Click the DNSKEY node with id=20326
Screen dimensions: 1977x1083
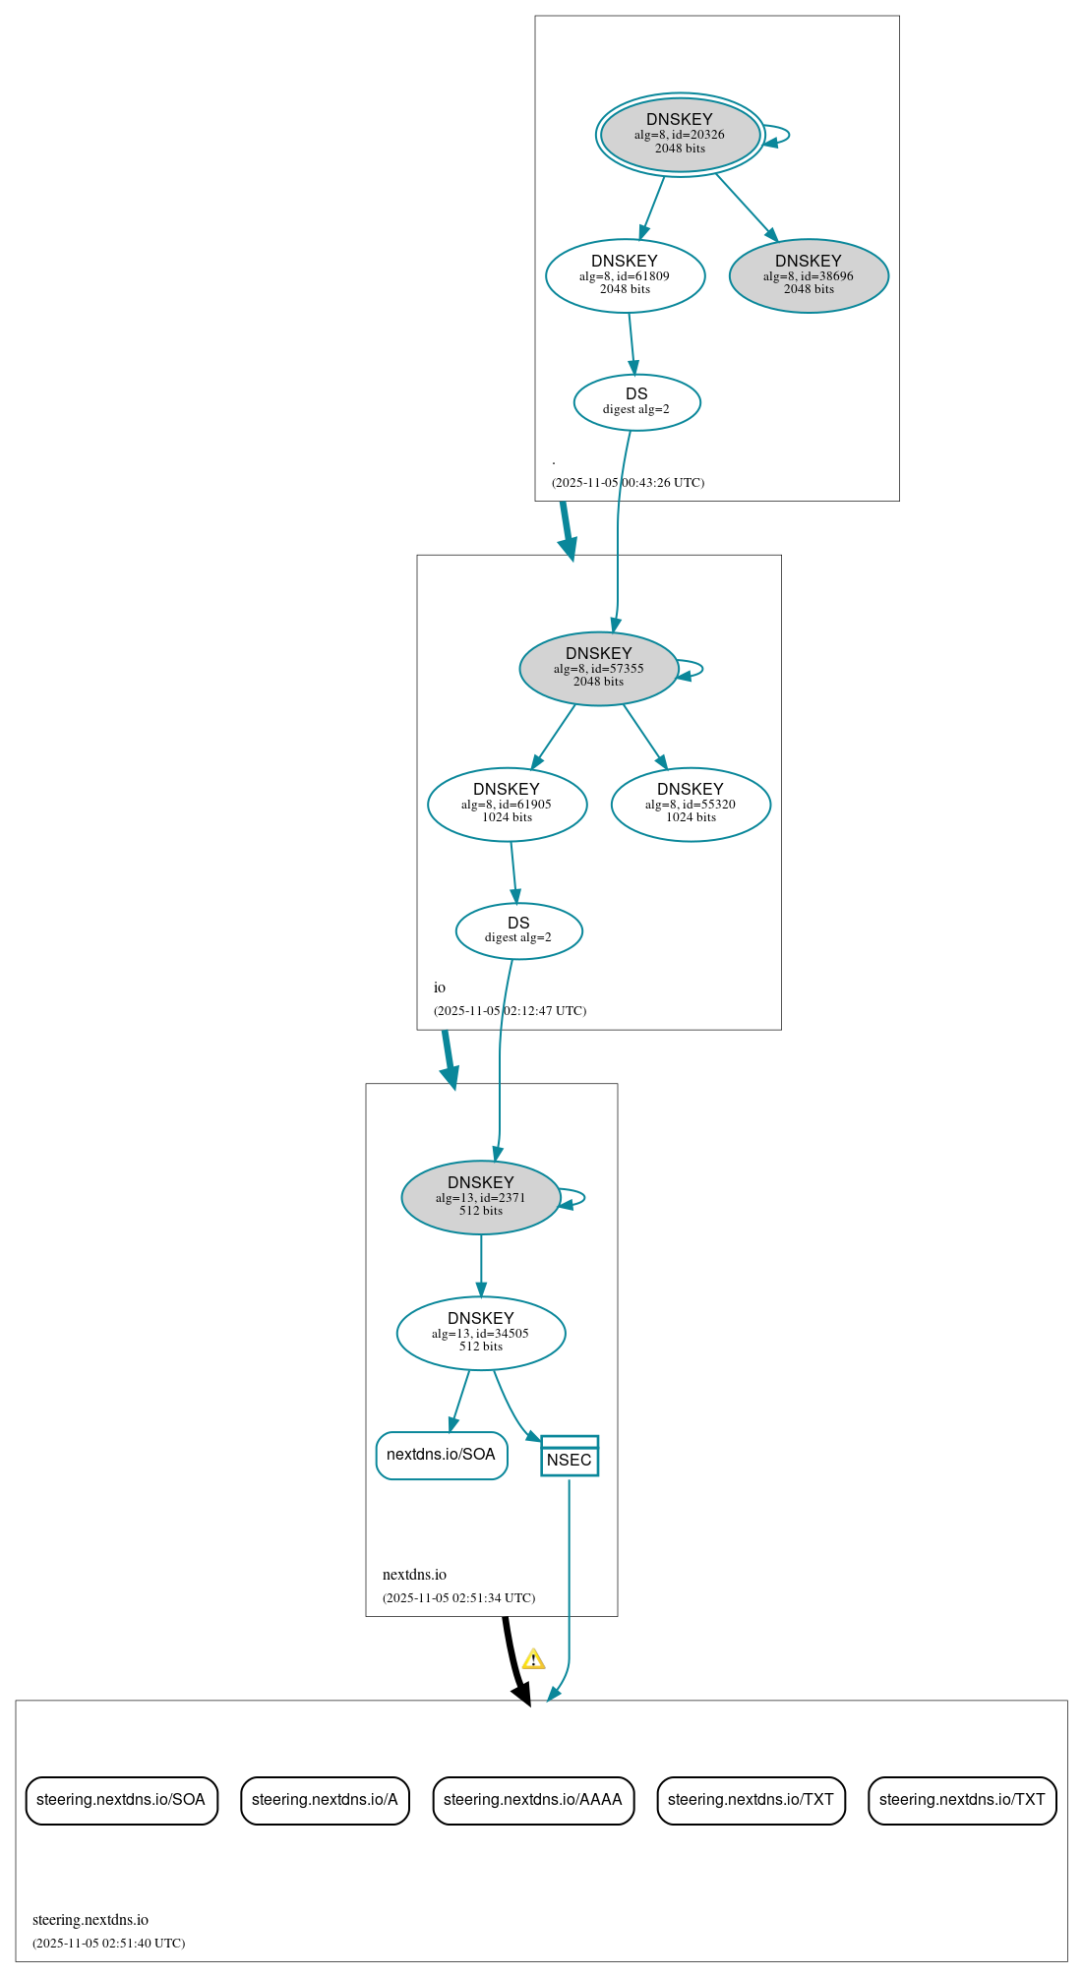tap(680, 135)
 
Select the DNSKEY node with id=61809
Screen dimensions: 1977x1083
tap(625, 275)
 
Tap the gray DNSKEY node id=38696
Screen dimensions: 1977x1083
tap(809, 275)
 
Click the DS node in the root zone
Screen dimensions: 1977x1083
tap(636, 401)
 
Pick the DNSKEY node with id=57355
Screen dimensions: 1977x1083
tap(598, 668)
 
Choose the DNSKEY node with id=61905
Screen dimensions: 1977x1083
tap(507, 804)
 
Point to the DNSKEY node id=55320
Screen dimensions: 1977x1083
tap(691, 804)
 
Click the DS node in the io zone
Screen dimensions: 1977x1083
tap(518, 929)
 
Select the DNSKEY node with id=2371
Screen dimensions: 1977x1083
tap(480, 1197)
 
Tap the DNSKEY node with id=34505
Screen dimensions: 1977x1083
tap(480, 1333)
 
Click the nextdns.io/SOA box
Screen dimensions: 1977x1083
tap(441, 1455)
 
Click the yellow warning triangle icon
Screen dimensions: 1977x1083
tap(533, 1660)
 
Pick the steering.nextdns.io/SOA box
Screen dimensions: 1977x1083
tap(121, 1800)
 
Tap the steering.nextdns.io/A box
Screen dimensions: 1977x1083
tap(325, 1800)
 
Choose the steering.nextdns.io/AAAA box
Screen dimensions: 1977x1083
tap(533, 1800)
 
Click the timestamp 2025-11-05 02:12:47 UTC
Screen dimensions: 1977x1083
tap(510, 1010)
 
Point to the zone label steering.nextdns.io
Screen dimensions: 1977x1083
tap(90, 1919)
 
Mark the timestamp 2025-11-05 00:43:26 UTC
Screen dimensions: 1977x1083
tap(628, 482)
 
